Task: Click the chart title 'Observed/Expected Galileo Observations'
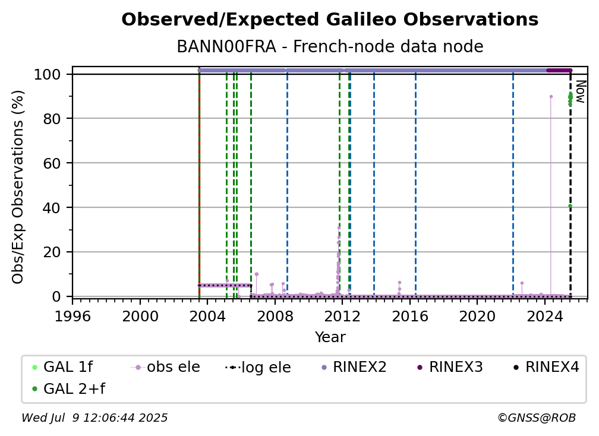coord(330,20)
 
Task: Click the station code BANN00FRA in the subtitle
coord(226,47)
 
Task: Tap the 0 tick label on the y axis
coord(56,296)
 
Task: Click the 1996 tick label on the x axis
coord(72,317)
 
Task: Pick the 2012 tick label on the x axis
coord(342,317)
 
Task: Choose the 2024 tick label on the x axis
coord(545,317)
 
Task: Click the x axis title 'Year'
coord(330,337)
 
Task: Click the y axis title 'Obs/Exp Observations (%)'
coord(18,187)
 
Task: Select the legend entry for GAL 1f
coord(63,367)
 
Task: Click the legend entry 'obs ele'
coord(165,367)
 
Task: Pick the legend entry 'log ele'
coord(258,368)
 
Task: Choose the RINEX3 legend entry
coord(450,367)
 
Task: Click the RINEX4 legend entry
coord(546,367)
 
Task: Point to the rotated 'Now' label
coord(580,91)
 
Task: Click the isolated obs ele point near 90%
coord(551,97)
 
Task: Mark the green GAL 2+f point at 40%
coord(570,206)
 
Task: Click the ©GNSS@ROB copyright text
coord(537,418)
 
